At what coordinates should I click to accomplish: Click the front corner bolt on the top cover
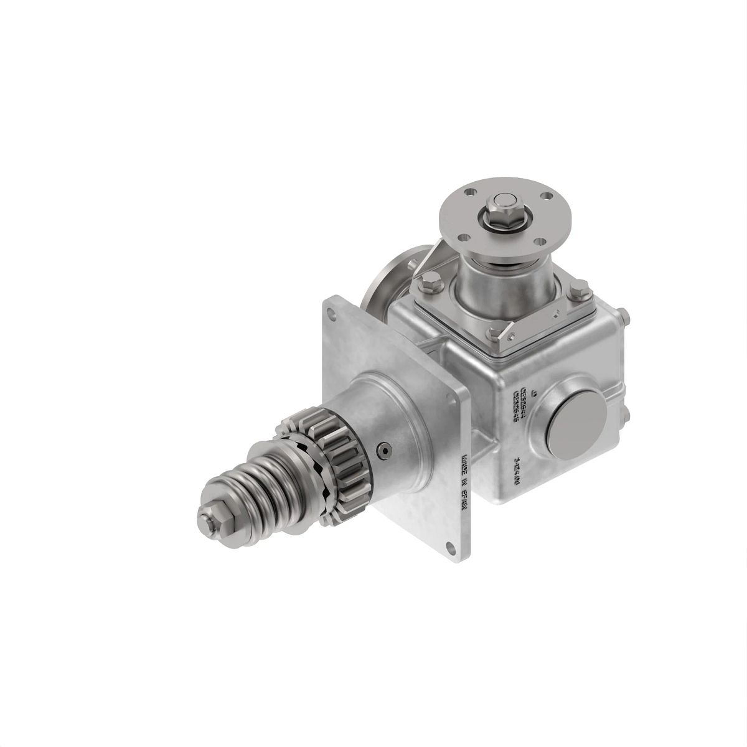pyautogui.click(x=494, y=334)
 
